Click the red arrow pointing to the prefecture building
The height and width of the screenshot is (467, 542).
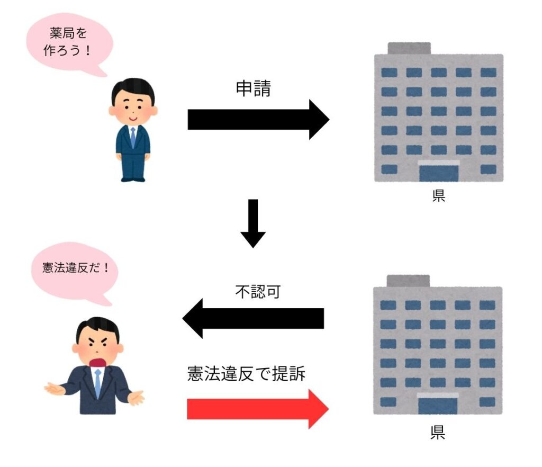(258, 409)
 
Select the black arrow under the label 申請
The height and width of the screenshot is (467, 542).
(258, 120)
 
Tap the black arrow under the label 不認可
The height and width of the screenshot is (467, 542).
(253, 318)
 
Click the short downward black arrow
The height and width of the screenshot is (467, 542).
(253, 223)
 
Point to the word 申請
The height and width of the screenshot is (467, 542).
(254, 88)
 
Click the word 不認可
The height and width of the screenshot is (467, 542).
(258, 292)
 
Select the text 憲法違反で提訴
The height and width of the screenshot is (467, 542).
(246, 374)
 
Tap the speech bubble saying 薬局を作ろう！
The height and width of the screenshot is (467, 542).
(69, 43)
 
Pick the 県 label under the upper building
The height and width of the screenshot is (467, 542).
(439, 196)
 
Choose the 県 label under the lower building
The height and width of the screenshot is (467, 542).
(438, 432)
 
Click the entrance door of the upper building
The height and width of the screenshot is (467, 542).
(439, 173)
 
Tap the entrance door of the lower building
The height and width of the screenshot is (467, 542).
(438, 406)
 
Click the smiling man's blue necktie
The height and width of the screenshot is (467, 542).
(133, 138)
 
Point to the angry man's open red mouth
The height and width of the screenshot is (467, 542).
(98, 363)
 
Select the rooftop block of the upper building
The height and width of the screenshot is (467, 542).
(409, 48)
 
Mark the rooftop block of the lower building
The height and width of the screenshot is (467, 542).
(408, 281)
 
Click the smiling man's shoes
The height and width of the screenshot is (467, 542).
(133, 179)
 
